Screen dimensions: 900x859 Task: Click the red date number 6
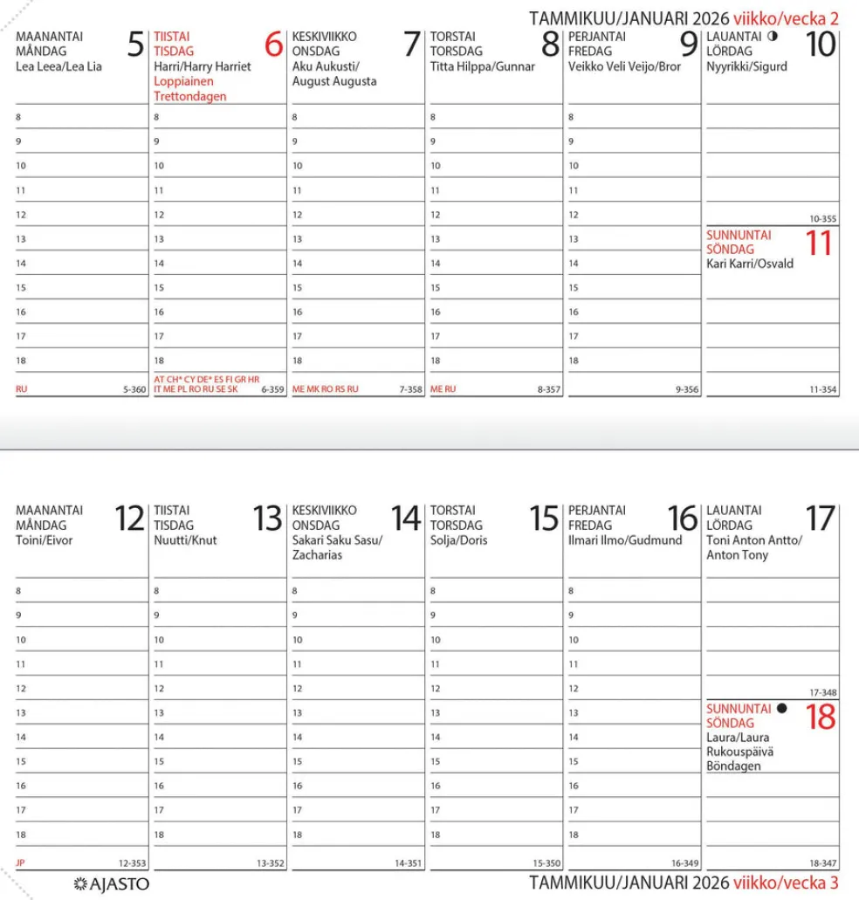pyautogui.click(x=273, y=45)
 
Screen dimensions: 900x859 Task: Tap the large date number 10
pyautogui.click(x=821, y=45)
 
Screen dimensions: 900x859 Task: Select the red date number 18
pyautogui.click(x=821, y=718)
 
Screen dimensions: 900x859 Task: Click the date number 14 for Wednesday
pyautogui.click(x=406, y=519)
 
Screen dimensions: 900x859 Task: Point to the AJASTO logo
pyautogui.click(x=113, y=884)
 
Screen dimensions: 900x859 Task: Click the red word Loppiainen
pyautogui.click(x=184, y=81)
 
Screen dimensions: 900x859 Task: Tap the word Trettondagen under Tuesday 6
pyautogui.click(x=189, y=96)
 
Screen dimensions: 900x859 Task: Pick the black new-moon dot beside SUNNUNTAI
pyautogui.click(x=782, y=708)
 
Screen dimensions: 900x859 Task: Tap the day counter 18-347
pyautogui.click(x=823, y=863)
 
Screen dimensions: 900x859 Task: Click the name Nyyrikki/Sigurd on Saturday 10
pyautogui.click(x=746, y=66)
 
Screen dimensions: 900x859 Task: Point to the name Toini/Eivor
pyautogui.click(x=45, y=540)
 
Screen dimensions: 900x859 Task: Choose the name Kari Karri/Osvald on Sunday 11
pyautogui.click(x=750, y=264)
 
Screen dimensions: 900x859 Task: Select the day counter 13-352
pyautogui.click(x=271, y=863)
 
